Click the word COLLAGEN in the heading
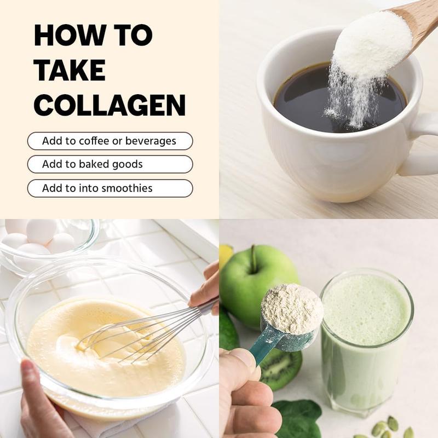pos(110,105)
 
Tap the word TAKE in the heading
pos(70,70)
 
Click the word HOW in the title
pos(70,35)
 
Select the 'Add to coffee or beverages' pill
pos(110,141)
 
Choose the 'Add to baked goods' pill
pos(110,164)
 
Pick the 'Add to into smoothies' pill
pos(110,188)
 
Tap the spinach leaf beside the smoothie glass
pos(297,418)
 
